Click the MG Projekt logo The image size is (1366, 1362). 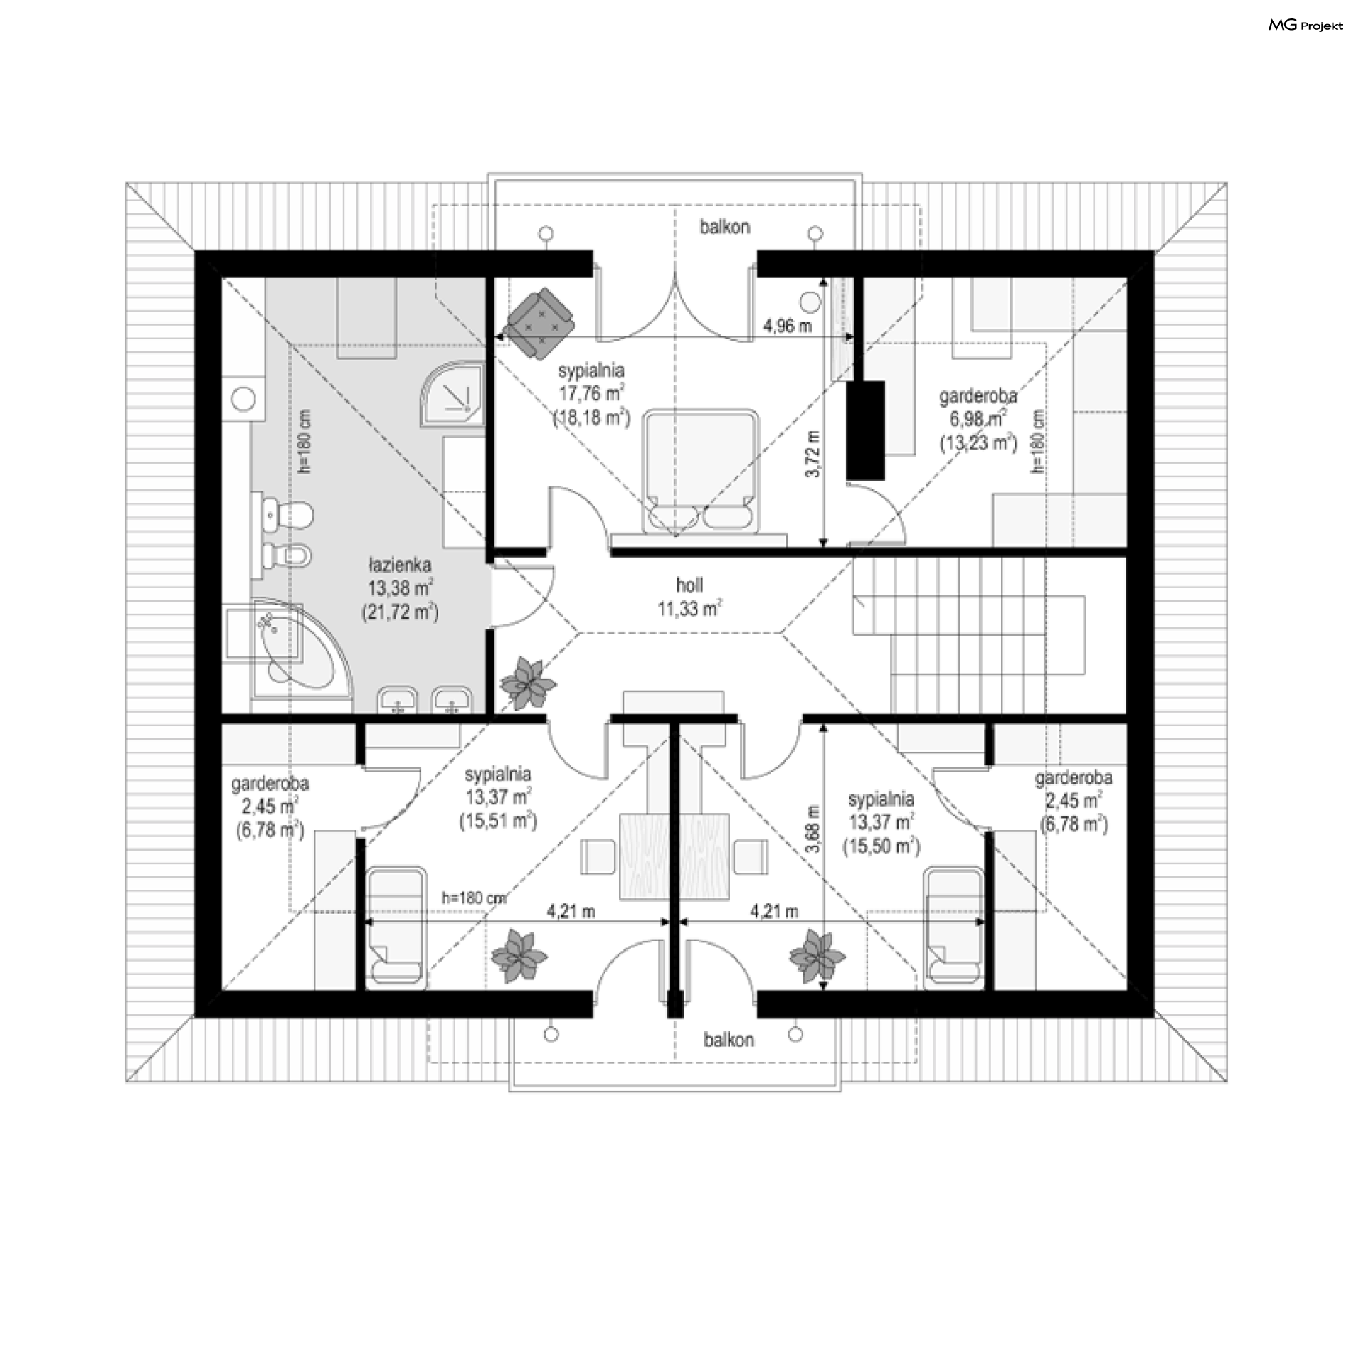point(1306,26)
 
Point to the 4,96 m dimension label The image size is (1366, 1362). point(787,326)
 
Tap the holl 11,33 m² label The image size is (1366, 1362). point(689,597)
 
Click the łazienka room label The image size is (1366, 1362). point(399,588)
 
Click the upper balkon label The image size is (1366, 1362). point(724,227)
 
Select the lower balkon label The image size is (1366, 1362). point(729,1040)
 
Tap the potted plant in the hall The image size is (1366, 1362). point(527,683)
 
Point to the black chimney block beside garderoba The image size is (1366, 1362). point(865,430)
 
